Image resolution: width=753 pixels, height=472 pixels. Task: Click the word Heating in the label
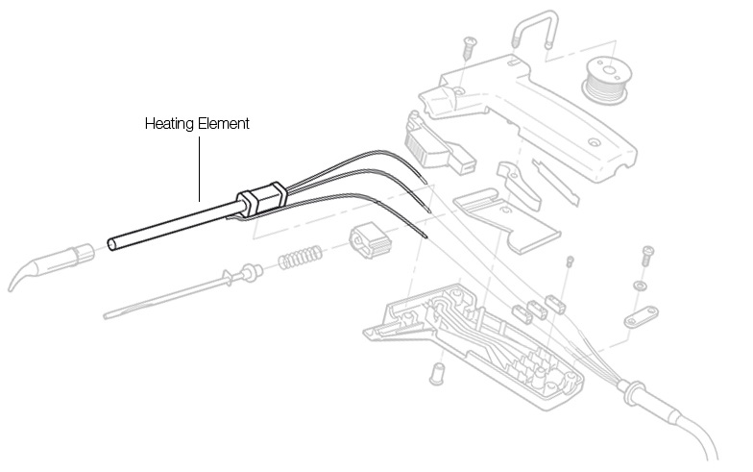[x=169, y=124]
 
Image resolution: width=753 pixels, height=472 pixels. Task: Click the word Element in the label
[x=223, y=123]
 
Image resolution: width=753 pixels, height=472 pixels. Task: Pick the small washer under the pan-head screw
[x=640, y=286]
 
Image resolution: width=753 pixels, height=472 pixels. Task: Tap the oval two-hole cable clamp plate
[x=642, y=317]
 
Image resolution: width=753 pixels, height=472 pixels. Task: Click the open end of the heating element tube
[x=111, y=244]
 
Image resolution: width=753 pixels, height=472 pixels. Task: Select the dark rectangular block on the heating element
[x=261, y=200]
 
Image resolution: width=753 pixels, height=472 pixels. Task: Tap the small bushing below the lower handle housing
[x=437, y=373]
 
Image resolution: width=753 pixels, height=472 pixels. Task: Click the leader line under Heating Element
[x=200, y=169]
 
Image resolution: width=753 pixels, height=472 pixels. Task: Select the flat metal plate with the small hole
[x=507, y=220]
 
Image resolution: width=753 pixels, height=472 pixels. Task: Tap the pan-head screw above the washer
[x=647, y=256]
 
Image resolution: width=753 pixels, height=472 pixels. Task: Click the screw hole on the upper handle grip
[x=595, y=142]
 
